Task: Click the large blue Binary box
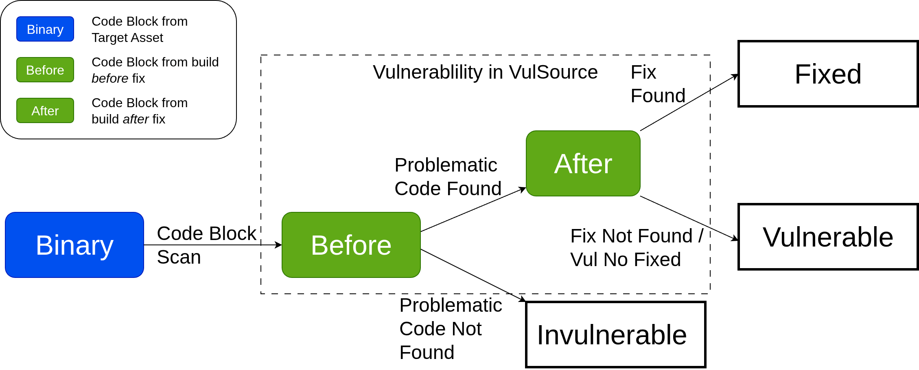pos(74,245)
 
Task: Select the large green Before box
pos(351,245)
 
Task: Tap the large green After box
pos(583,163)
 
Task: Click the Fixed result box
pos(828,74)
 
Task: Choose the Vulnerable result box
pos(828,237)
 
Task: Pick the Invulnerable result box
pos(615,335)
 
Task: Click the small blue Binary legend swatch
pos(45,29)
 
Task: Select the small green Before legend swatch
pos(45,70)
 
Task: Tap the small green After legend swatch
pos(45,110)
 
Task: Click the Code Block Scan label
pos(206,244)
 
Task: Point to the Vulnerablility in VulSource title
pos(485,72)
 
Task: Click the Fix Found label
pos(657,84)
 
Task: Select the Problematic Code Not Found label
pos(450,328)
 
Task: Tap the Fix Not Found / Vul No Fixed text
pos(636,247)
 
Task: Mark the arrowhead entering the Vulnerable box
pos(735,239)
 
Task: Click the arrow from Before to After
pos(472,210)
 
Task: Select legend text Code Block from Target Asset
pos(139,29)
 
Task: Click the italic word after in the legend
pos(136,119)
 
